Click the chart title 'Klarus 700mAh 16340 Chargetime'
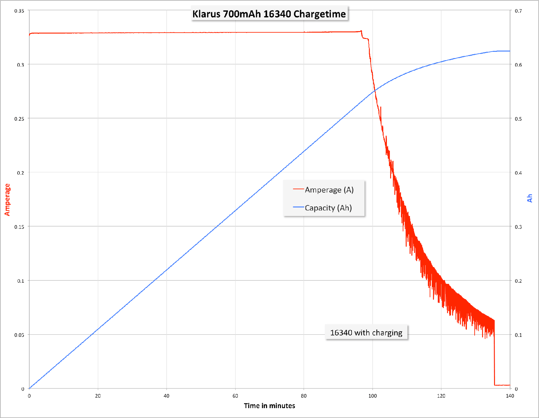[269, 14]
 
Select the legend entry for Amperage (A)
[329, 190]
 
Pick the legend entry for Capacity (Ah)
[328, 208]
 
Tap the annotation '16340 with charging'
[366, 333]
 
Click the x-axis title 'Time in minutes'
[269, 406]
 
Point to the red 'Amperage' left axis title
[7, 200]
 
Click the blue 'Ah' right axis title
[529, 198]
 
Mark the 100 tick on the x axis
[373, 396]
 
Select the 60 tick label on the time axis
[235, 396]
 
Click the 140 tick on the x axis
[510, 396]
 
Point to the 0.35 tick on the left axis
[19, 11]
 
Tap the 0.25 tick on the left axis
[19, 119]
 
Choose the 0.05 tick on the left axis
[19, 335]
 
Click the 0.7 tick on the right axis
[518, 11]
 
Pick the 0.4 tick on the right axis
[518, 173]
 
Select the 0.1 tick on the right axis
[518, 335]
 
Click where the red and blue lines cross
[375, 91]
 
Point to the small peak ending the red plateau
[361, 31]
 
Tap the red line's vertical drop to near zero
[494, 353]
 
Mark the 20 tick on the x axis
[98, 396]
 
